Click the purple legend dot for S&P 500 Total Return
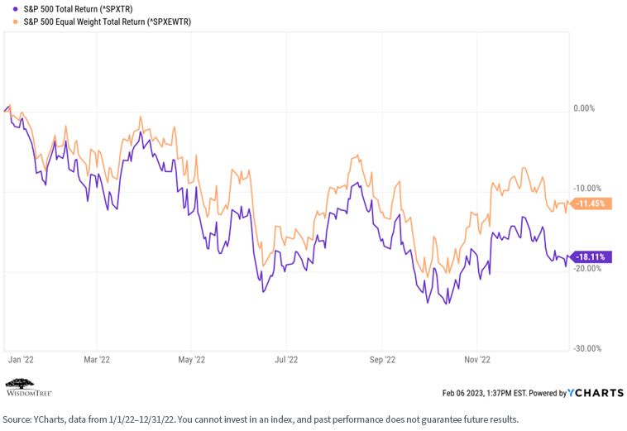click(x=15, y=8)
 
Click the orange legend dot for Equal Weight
click(x=15, y=22)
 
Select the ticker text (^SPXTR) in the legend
click(x=116, y=9)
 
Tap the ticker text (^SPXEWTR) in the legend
click(x=169, y=22)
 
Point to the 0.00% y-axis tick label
click(x=584, y=108)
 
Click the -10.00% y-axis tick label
click(x=587, y=189)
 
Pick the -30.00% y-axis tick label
click(x=587, y=348)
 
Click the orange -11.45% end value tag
click(x=591, y=204)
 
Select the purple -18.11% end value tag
click(x=591, y=256)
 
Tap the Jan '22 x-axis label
click(x=21, y=359)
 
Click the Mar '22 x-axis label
click(x=97, y=359)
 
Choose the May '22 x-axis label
click(x=192, y=359)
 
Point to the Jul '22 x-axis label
click(x=286, y=359)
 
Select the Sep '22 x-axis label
click(x=382, y=359)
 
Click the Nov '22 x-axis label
click(x=477, y=359)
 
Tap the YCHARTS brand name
click(x=595, y=393)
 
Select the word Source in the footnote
click(x=16, y=419)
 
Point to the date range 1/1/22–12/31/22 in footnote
click(x=142, y=419)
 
